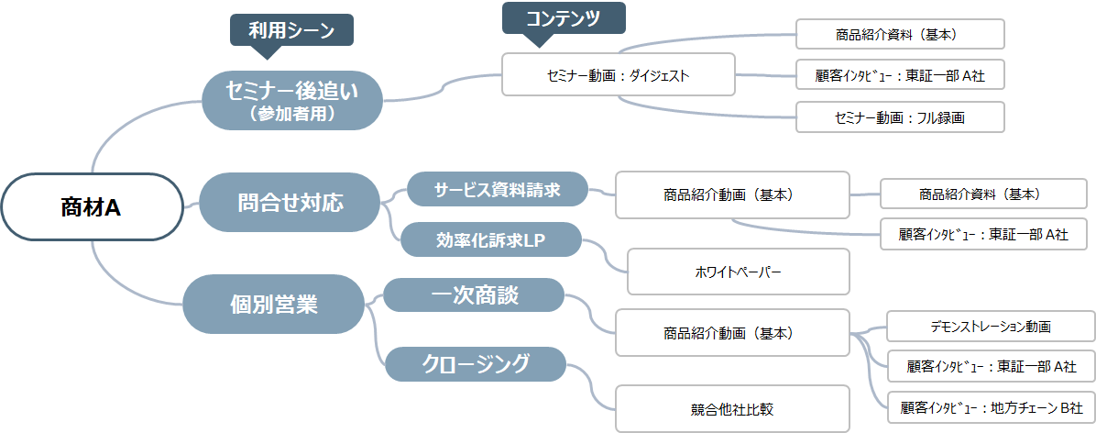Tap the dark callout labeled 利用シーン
point(290,31)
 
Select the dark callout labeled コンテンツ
point(564,17)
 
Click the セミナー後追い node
point(290,98)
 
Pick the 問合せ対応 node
point(290,202)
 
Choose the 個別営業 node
point(273,304)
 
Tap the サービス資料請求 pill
point(497,189)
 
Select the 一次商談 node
point(474,295)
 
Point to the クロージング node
point(476,363)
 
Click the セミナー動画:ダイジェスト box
point(619,74)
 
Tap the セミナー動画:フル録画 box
point(901,117)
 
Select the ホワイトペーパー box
point(738,272)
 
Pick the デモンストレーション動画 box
point(991,327)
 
